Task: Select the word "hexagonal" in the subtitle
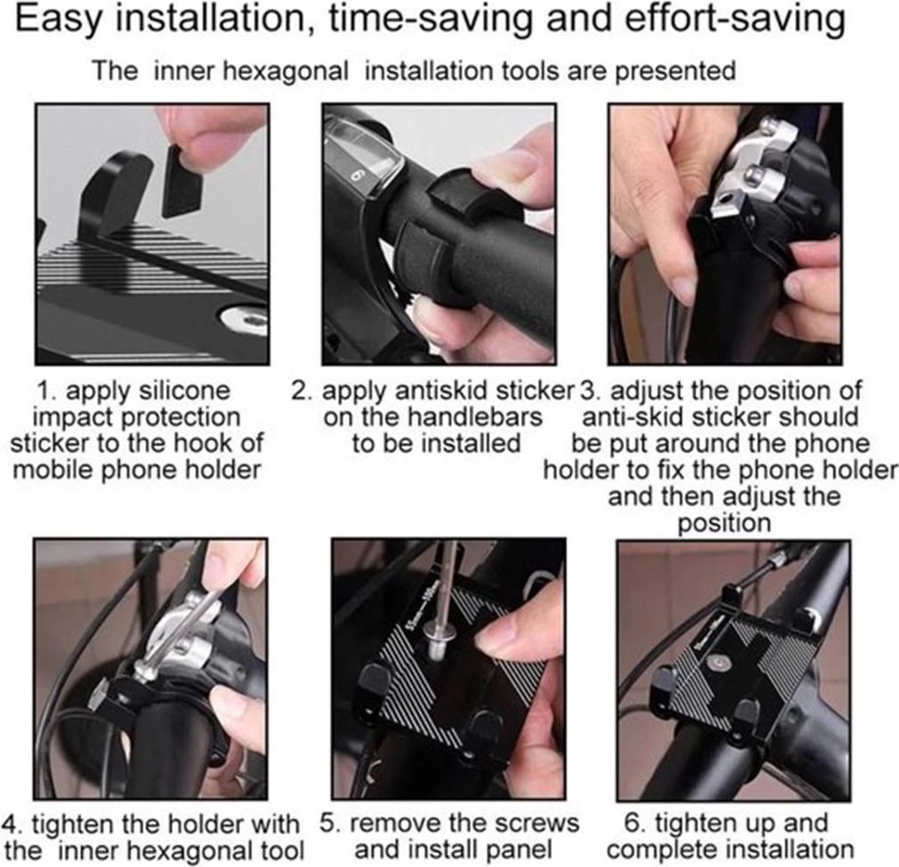(x=285, y=73)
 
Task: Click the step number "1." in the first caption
(x=48, y=390)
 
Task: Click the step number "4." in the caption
(x=13, y=824)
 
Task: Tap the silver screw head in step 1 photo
(x=246, y=319)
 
